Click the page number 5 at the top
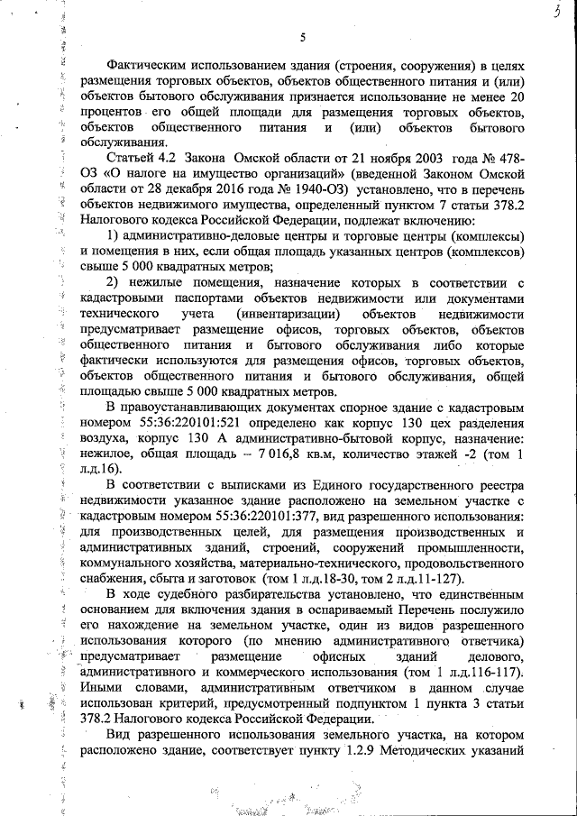(x=303, y=37)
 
